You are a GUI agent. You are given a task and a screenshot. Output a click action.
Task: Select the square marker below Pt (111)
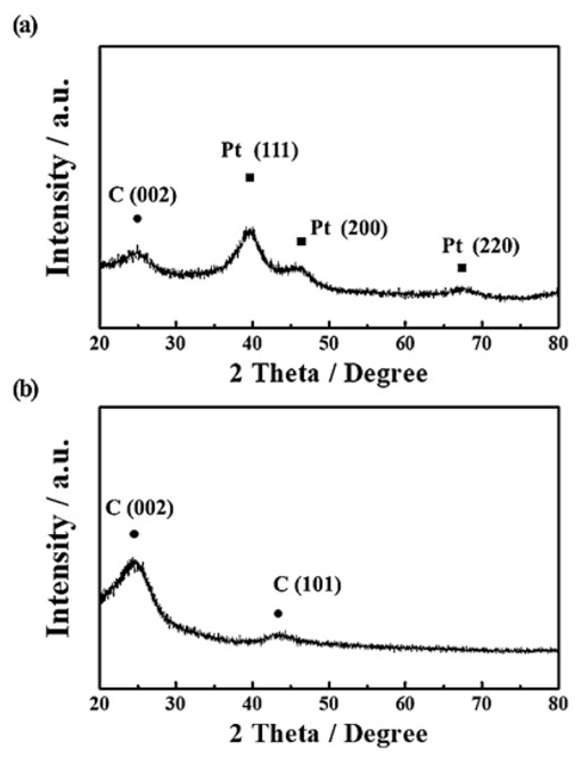[x=250, y=178]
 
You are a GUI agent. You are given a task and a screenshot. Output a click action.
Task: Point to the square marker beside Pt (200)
[x=301, y=241]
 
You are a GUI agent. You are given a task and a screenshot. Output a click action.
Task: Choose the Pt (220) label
[x=481, y=247]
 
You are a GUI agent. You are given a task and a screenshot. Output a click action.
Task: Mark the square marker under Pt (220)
[x=462, y=268]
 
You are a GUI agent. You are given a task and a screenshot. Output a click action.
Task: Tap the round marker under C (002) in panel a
[x=137, y=219]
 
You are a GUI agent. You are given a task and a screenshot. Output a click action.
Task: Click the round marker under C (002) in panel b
[x=134, y=534]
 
